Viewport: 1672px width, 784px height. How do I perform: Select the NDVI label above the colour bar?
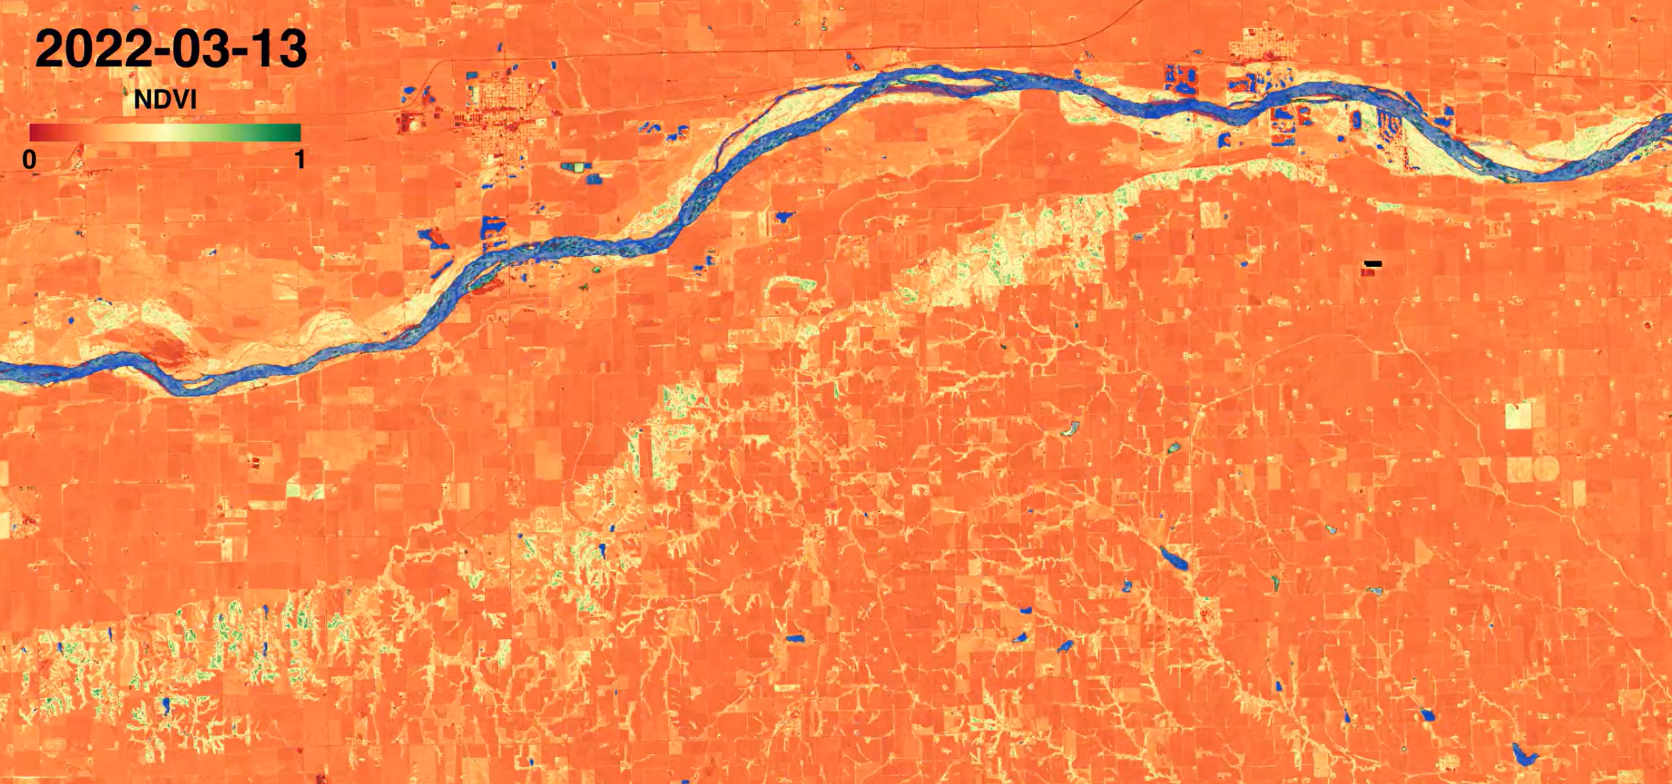coord(165,100)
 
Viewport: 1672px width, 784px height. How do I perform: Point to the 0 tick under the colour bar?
coord(29,159)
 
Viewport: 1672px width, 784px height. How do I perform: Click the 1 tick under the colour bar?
coord(300,159)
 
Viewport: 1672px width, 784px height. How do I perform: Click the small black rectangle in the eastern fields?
coord(1373,263)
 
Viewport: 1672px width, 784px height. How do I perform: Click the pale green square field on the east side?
coord(1520,415)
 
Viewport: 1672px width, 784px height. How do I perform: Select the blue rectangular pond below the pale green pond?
coord(594,179)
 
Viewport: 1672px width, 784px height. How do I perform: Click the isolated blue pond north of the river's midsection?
coord(783,217)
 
